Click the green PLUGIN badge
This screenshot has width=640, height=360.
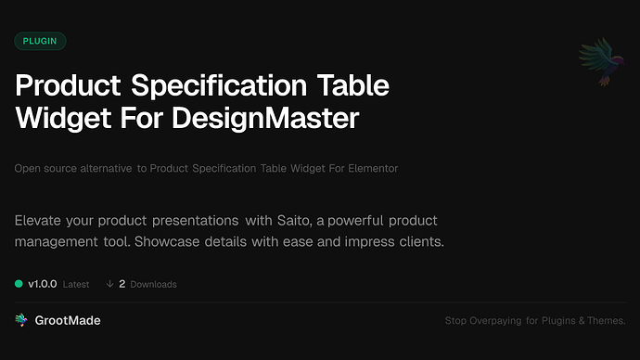(40, 41)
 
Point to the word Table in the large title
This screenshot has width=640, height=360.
(355, 86)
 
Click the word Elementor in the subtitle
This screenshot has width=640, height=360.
(373, 168)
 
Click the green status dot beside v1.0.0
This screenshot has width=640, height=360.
(19, 284)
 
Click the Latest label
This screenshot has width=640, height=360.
(76, 284)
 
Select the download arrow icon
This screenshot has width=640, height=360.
(110, 284)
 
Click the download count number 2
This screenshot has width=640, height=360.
(122, 284)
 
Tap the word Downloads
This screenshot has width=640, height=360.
(153, 284)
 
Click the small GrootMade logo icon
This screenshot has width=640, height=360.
(21, 320)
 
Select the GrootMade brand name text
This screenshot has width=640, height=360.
(69, 320)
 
